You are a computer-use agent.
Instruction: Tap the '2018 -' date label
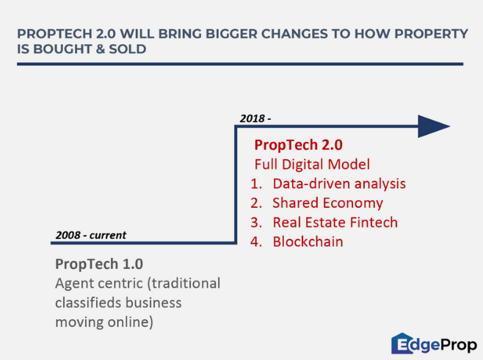click(255, 118)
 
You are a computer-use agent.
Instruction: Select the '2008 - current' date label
click(91, 235)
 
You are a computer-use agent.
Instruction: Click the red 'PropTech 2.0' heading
click(298, 145)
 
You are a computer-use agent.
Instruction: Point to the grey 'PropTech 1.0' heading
click(99, 264)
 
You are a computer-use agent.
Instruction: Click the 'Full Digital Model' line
click(312, 165)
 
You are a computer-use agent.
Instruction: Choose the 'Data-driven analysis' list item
click(339, 184)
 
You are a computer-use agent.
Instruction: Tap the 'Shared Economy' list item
click(327, 203)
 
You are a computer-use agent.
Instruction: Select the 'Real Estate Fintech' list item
click(335, 223)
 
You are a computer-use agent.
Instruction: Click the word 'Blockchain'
click(308, 242)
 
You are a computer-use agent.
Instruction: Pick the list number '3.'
click(256, 223)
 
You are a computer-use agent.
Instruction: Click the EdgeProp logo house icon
click(402, 343)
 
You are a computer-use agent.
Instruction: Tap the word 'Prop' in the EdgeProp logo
click(459, 345)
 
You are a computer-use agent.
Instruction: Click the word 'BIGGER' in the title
click(231, 34)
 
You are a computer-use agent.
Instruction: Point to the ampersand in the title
click(101, 49)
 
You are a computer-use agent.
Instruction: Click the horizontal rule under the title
click(240, 64)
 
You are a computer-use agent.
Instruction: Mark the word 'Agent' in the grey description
click(73, 284)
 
